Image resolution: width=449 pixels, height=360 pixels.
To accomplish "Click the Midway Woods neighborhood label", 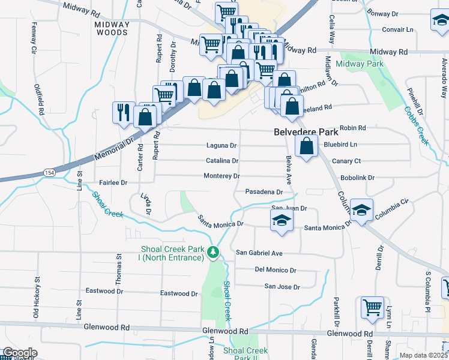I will [x=112, y=29].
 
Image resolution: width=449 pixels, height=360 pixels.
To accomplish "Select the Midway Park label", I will [x=360, y=64].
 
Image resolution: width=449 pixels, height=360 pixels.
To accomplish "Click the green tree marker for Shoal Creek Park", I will [x=213, y=253].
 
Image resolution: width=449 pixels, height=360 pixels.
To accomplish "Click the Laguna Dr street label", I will [x=221, y=145].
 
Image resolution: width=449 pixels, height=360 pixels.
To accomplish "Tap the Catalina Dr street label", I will [x=223, y=161].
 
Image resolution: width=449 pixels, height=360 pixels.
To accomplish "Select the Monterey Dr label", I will [x=221, y=176].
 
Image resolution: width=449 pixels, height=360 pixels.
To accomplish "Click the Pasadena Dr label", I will [x=264, y=192].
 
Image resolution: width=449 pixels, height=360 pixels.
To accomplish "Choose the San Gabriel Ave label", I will [x=259, y=253].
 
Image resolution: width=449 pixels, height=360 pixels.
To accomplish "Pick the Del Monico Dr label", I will [x=276, y=270].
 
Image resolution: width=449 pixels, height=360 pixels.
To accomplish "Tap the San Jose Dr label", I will [x=283, y=287].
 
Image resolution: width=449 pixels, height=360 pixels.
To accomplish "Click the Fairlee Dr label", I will [x=113, y=182].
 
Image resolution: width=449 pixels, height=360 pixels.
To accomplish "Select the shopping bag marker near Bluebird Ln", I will [x=306, y=146].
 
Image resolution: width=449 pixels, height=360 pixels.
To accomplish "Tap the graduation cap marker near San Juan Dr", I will [x=281, y=220].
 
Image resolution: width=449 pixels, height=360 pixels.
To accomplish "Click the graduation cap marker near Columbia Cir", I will [x=362, y=210].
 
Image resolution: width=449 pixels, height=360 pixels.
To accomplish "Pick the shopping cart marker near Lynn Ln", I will [x=372, y=307].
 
